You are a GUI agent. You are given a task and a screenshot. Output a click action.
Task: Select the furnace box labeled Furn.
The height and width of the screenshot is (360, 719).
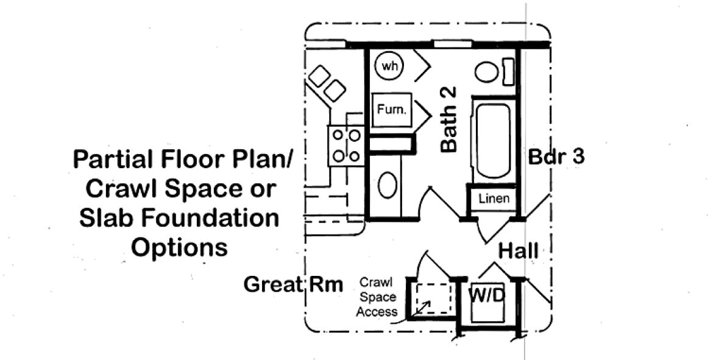pyautogui.click(x=392, y=111)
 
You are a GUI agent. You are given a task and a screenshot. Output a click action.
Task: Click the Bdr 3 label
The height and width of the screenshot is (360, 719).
pyautogui.click(x=556, y=157)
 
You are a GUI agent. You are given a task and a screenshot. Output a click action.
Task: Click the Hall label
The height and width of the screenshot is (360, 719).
pyautogui.click(x=518, y=250)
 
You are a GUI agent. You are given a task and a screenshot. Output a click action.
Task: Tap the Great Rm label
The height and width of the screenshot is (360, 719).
pyautogui.click(x=293, y=284)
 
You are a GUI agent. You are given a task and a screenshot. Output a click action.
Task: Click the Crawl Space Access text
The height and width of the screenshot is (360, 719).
pyautogui.click(x=377, y=297)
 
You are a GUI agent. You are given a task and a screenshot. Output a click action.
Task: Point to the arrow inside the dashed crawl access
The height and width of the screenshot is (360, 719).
pyautogui.click(x=422, y=308)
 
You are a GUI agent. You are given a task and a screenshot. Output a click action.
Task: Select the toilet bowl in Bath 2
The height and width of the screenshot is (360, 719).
pyautogui.click(x=486, y=72)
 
